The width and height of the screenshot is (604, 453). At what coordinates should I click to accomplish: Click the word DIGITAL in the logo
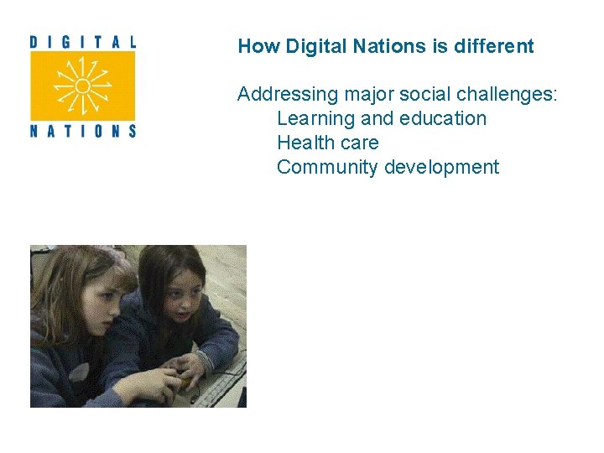pyautogui.click(x=82, y=41)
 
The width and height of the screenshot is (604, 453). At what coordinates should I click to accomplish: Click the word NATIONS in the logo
pyautogui.click(x=82, y=130)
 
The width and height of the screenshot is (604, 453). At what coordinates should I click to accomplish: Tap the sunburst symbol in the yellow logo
pyautogui.click(x=82, y=86)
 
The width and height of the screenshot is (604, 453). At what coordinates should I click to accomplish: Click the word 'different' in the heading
pyautogui.click(x=494, y=46)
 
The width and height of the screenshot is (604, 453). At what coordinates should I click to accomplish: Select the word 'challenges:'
pyautogui.click(x=507, y=95)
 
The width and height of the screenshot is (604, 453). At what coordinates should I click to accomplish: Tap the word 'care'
pyautogui.click(x=359, y=143)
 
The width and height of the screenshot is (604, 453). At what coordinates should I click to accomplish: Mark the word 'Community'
pyautogui.click(x=327, y=168)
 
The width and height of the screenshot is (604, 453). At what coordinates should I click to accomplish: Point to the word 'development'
pyautogui.click(x=441, y=168)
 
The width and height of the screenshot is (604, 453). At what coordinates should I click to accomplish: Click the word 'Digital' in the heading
pyautogui.click(x=315, y=46)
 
